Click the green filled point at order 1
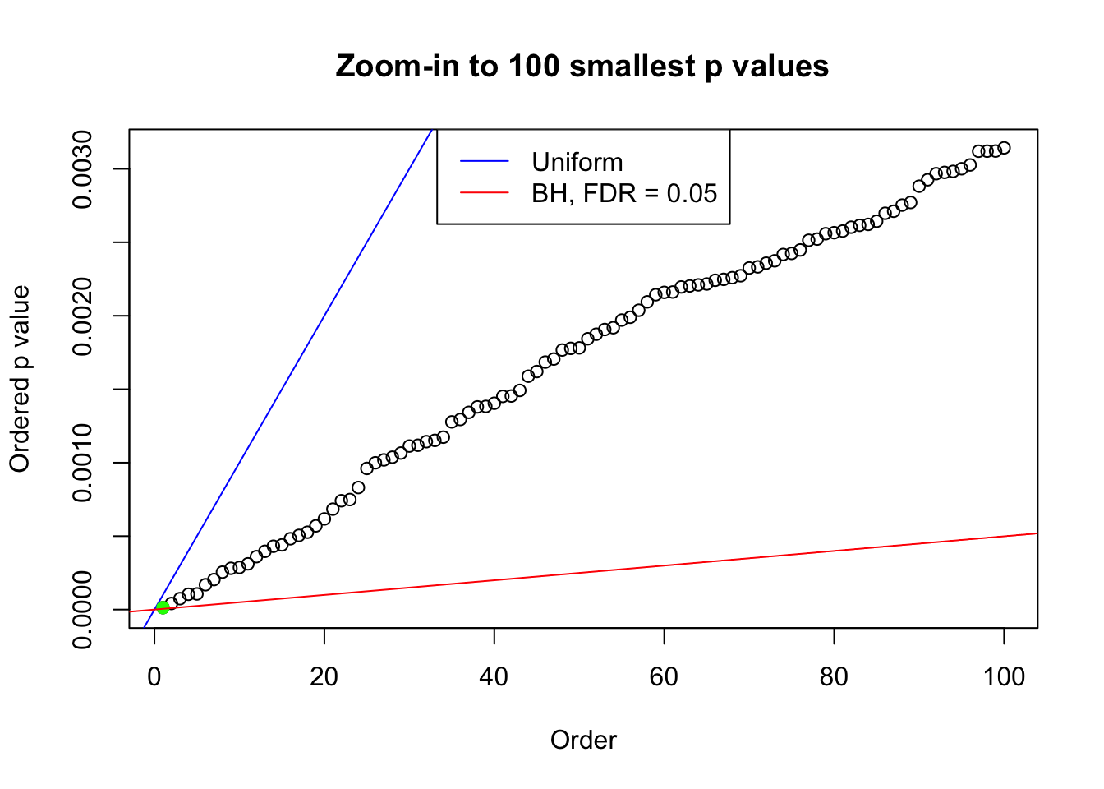(x=163, y=607)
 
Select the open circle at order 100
(x=1004, y=148)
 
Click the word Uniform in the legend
(x=577, y=162)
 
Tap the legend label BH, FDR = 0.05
(x=624, y=193)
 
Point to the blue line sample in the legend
(x=485, y=162)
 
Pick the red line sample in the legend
(x=485, y=193)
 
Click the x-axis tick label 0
(x=154, y=676)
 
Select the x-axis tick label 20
(x=324, y=676)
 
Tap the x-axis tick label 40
(x=494, y=676)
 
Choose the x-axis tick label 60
(x=664, y=676)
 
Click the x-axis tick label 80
(x=834, y=676)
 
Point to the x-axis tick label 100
(x=1004, y=676)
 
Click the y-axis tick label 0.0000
(x=83, y=610)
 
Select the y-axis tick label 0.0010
(x=83, y=463)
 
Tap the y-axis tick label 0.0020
(x=83, y=316)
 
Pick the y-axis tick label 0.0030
(x=83, y=169)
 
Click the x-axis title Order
(x=583, y=740)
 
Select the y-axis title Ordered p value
(x=20, y=379)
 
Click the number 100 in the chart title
(x=533, y=66)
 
